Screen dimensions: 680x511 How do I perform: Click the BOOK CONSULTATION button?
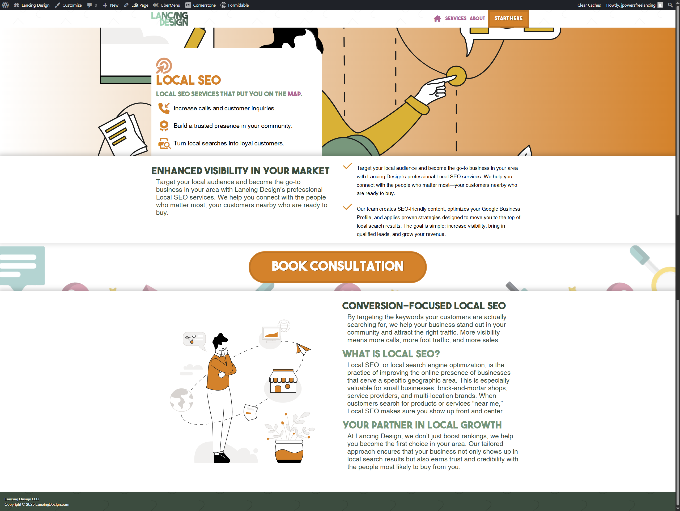[x=337, y=267]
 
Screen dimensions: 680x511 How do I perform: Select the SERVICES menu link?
[x=456, y=18]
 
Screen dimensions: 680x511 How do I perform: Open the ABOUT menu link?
[x=477, y=18]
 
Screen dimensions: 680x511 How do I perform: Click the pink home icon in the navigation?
[x=437, y=19]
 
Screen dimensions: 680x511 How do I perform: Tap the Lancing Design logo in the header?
[x=170, y=19]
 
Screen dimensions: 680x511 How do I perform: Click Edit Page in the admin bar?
[x=136, y=5]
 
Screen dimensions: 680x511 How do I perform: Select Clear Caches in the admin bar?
[x=589, y=5]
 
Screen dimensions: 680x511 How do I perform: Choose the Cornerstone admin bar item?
[x=201, y=5]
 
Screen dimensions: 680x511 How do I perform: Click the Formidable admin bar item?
[x=235, y=5]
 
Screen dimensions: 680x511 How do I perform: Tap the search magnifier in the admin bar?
[x=670, y=5]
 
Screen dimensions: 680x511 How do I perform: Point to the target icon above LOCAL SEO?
[x=164, y=66]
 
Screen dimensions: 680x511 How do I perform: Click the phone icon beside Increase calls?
[x=164, y=108]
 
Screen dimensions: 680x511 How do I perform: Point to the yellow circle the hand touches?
[x=457, y=76]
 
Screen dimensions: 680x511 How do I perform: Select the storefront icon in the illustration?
[x=283, y=381]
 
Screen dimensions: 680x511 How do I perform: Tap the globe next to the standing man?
[x=181, y=400]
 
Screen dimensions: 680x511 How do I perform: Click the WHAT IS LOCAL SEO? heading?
[x=391, y=354]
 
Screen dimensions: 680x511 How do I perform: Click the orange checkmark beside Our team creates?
[x=347, y=207]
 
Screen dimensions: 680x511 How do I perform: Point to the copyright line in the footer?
[x=37, y=504]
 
